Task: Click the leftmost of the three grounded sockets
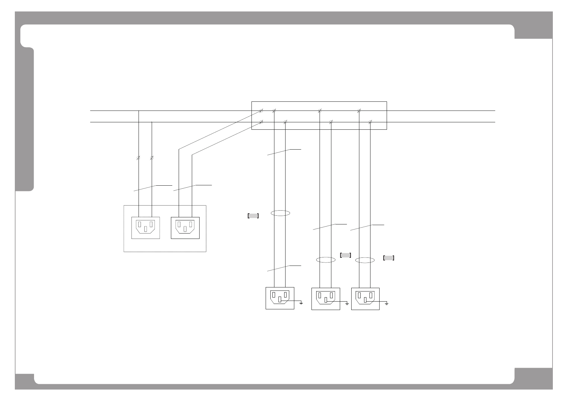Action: tap(280, 298)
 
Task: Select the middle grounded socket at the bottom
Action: tap(325, 299)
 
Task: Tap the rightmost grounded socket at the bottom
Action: tap(365, 299)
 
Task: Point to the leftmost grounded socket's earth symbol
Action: tap(301, 303)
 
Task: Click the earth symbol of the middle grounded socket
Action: tap(347, 304)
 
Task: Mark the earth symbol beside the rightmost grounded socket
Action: tap(387, 304)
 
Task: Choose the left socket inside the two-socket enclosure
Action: tap(145, 227)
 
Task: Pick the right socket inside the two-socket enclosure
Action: tap(185, 227)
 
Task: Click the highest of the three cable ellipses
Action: tap(280, 213)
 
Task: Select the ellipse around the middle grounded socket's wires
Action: tap(326, 260)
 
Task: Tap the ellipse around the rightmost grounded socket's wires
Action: tap(365, 260)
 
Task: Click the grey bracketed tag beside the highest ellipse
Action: tap(253, 216)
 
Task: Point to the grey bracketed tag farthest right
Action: tap(389, 258)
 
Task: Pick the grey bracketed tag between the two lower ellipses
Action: tap(346, 255)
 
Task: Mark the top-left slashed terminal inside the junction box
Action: tap(261, 111)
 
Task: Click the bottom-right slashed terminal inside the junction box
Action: tap(370, 122)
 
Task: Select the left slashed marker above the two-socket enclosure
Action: tap(138, 158)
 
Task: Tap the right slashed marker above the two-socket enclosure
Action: tap(152, 158)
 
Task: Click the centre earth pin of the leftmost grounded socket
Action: tap(280, 299)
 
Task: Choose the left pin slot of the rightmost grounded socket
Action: tap(359, 296)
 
